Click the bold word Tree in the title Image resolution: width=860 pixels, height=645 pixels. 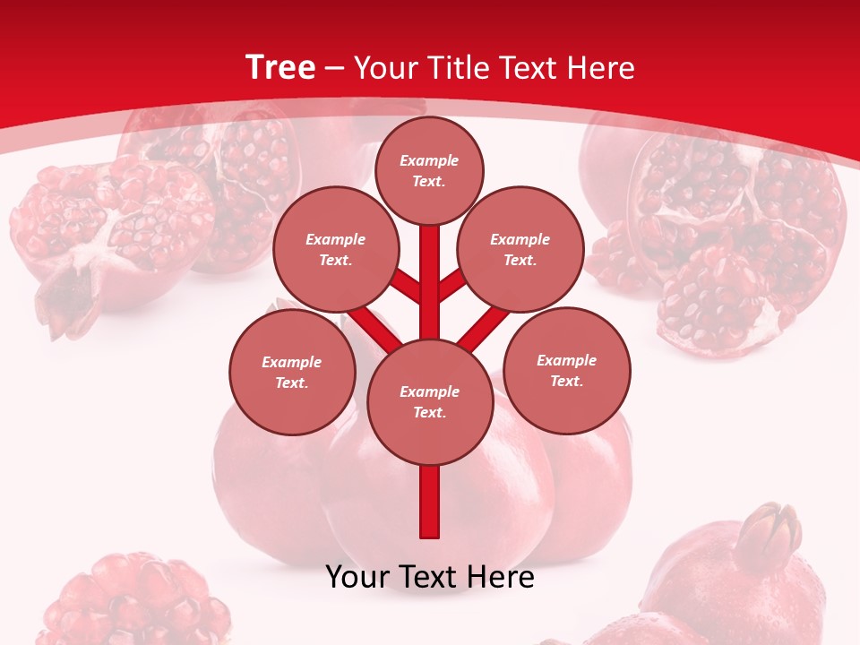[280, 67]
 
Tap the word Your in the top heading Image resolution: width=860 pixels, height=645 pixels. [388, 68]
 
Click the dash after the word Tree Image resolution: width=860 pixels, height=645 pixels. [334, 69]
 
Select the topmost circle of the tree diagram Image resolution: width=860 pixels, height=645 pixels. [429, 170]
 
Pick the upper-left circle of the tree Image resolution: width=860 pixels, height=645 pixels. [335, 249]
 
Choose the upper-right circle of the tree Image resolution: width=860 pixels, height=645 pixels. [520, 249]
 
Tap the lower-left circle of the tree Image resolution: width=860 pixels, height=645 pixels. [292, 372]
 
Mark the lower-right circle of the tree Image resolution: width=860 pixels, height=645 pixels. [567, 370]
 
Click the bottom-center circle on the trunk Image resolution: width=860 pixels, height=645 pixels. [430, 401]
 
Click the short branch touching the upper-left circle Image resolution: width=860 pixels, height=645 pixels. [406, 286]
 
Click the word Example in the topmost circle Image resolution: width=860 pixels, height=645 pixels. [429, 161]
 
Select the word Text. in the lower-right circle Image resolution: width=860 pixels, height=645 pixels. [567, 381]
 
